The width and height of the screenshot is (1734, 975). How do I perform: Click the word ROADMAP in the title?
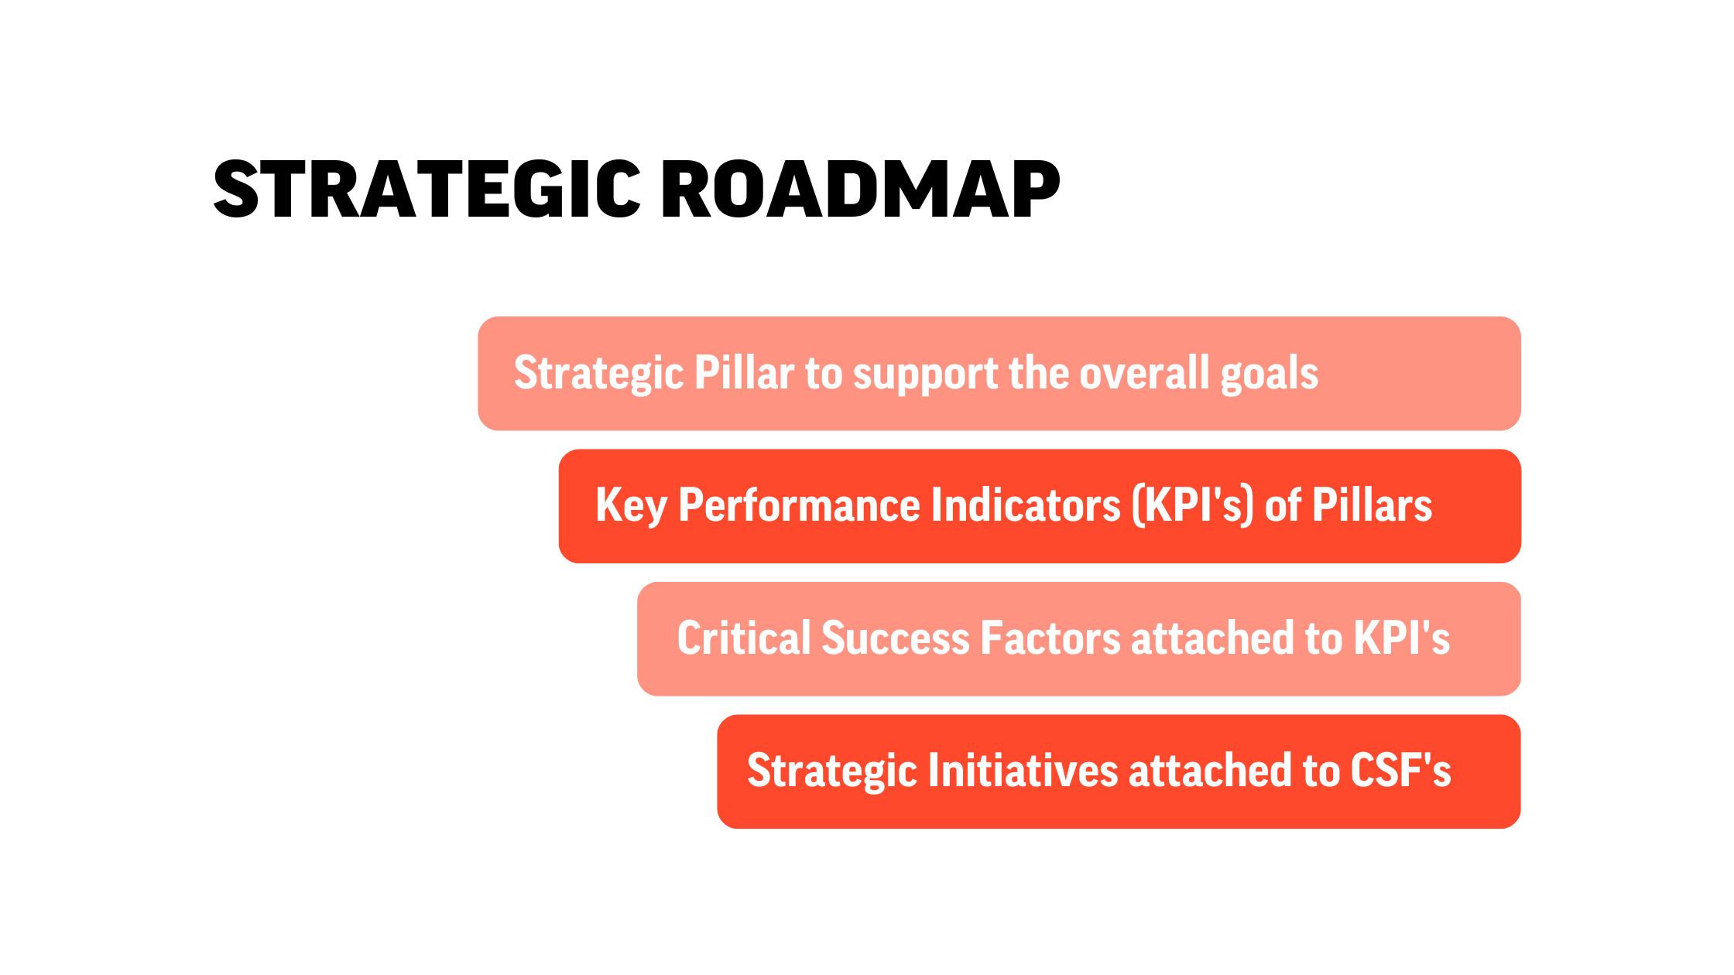pyautogui.click(x=860, y=189)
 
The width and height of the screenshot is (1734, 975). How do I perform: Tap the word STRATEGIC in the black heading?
pyautogui.click(x=427, y=189)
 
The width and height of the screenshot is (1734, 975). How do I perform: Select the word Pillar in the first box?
pyautogui.click(x=744, y=373)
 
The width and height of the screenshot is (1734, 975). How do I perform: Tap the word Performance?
pyautogui.click(x=799, y=505)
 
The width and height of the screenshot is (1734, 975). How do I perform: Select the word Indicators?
pyautogui.click(x=1026, y=505)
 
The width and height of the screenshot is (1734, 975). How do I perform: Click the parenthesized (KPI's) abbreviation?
pyautogui.click(x=1193, y=506)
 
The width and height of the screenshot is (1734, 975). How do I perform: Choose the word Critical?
pyautogui.click(x=743, y=638)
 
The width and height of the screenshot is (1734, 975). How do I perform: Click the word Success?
pyautogui.click(x=895, y=638)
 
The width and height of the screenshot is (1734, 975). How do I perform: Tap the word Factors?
pyautogui.click(x=1050, y=638)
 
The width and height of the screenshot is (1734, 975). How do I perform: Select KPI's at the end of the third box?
pyautogui.click(x=1401, y=638)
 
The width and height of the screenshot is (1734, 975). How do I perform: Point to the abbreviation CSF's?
pyautogui.click(x=1400, y=771)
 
